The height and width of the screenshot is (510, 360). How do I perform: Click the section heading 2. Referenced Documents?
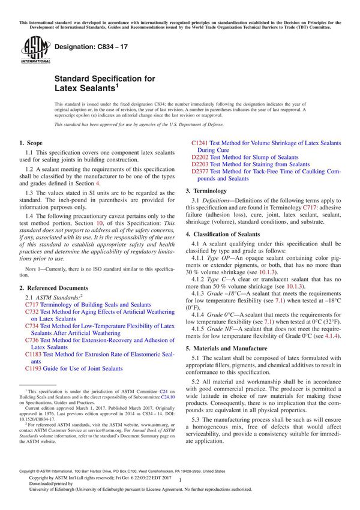[x=53, y=288]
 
